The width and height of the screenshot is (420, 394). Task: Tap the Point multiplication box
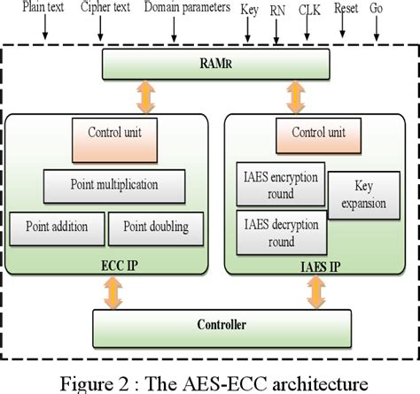(x=114, y=185)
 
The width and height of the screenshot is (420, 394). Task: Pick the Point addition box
(x=57, y=228)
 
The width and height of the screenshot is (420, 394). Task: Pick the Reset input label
(x=347, y=10)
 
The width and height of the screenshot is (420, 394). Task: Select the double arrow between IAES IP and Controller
(x=314, y=289)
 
